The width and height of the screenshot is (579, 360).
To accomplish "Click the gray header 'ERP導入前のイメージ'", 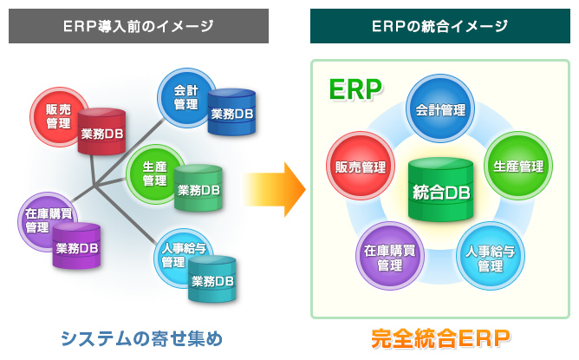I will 139,26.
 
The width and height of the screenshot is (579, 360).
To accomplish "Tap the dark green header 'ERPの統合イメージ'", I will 440,26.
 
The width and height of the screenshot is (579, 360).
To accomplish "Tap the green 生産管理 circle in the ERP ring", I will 517,166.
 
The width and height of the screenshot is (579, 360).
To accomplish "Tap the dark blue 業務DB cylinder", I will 232,112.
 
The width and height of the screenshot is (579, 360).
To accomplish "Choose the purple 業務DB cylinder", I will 76,246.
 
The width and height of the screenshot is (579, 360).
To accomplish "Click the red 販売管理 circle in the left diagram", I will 55,115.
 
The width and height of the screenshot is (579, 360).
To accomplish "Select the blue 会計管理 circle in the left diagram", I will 183,95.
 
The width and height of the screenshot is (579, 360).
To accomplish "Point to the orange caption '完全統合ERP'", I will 440,337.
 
